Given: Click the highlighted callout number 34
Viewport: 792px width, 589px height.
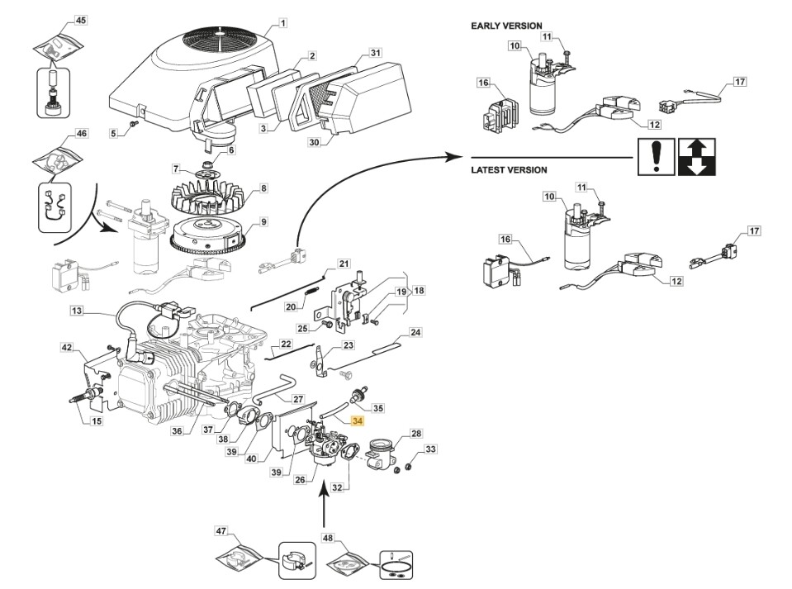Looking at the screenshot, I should point(357,420).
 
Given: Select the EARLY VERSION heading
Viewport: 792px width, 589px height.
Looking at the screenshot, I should point(506,26).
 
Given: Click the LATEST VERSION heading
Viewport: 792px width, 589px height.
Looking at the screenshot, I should point(509,170).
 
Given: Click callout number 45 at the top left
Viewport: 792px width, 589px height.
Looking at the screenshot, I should point(80,19).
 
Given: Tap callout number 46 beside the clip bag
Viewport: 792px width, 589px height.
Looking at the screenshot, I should point(81,133).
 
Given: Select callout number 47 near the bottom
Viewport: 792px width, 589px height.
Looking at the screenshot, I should point(221,530).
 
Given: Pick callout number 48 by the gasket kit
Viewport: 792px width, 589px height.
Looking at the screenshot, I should point(328,538).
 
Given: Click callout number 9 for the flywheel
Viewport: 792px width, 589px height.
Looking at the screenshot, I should point(263,221).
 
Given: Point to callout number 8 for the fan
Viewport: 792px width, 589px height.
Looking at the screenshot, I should point(263,188).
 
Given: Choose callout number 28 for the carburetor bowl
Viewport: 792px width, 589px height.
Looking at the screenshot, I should point(415,434).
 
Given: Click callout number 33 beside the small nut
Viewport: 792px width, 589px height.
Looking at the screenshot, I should point(429,449).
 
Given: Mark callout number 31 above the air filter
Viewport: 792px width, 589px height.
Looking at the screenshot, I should point(376,53).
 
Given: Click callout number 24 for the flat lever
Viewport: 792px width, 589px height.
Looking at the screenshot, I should point(415,332).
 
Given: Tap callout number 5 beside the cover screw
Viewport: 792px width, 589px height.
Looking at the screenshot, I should point(113,132).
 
